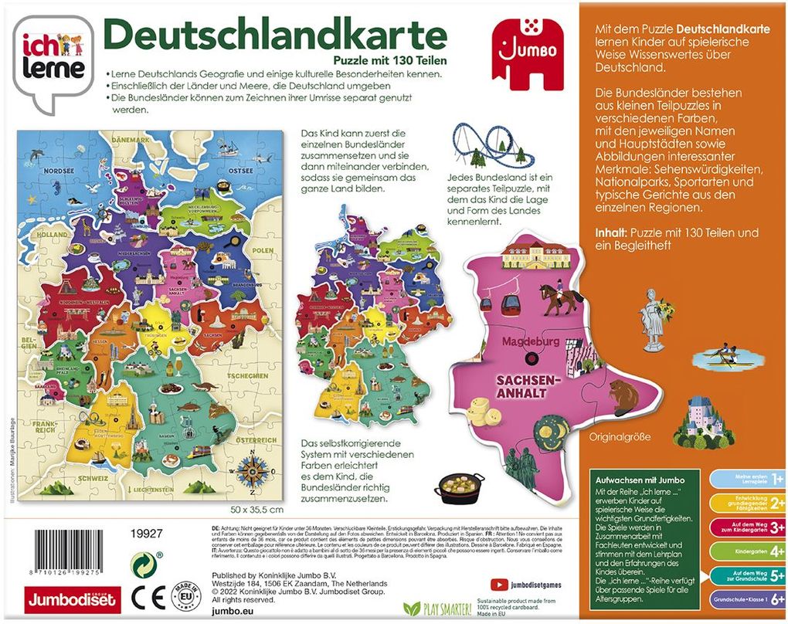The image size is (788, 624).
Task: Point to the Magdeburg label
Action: (530, 341)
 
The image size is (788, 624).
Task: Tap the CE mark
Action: (144, 597)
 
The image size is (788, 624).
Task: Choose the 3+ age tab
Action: (746, 527)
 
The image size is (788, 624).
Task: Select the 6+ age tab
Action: (746, 599)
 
